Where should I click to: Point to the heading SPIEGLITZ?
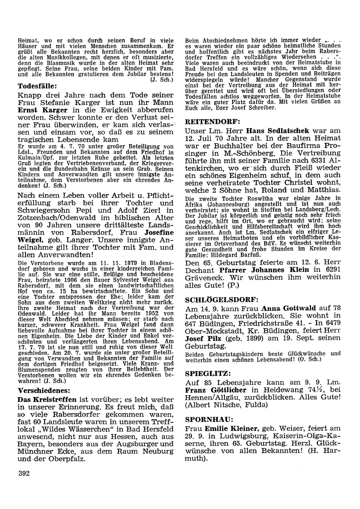(205, 373)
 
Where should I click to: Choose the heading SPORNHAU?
(204, 420)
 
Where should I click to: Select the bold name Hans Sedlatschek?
(276, 131)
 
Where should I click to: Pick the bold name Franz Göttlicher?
(215, 390)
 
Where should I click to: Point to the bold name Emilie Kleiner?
(231, 429)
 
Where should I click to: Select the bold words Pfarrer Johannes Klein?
(262, 270)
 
